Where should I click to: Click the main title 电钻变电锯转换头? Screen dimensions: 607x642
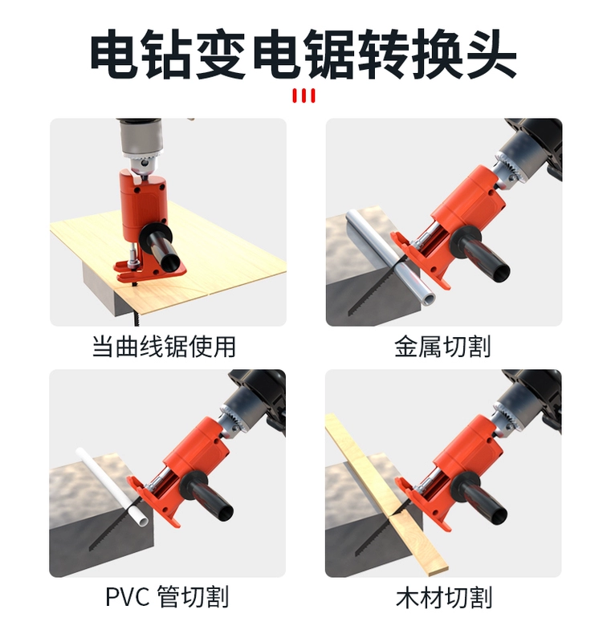(x=303, y=53)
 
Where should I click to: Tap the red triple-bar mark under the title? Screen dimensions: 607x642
(x=303, y=95)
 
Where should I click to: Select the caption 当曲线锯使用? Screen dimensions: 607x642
(x=165, y=347)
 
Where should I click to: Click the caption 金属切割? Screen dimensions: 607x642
(x=442, y=347)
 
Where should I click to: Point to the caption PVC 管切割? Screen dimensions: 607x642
(x=167, y=597)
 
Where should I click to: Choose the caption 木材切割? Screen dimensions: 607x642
(x=444, y=597)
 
